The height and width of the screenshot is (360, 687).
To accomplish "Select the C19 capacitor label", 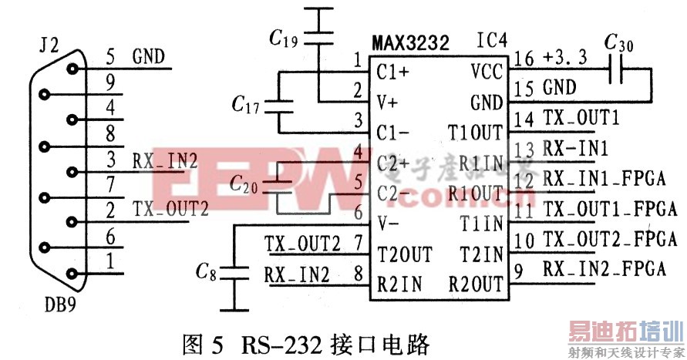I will click(283, 35).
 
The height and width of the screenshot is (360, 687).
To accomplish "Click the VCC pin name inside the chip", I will click(487, 71).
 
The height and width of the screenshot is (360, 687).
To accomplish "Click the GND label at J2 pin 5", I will click(149, 56).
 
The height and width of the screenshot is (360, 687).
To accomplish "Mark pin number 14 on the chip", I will click(523, 119).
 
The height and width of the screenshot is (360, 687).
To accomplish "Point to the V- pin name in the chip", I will click(388, 224).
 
